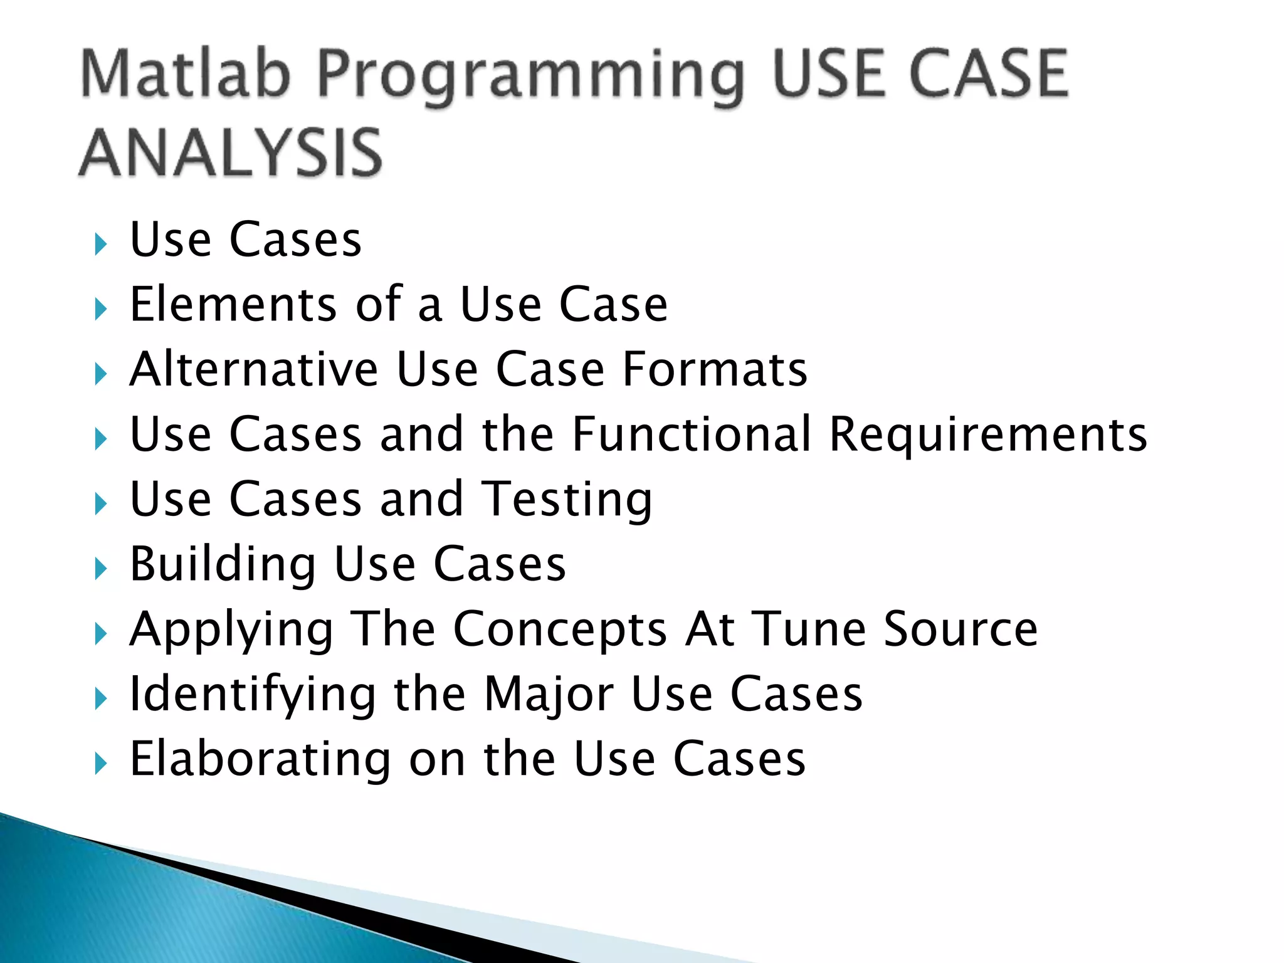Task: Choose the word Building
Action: pyautogui.click(x=223, y=565)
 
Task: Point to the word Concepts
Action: pyautogui.click(x=560, y=631)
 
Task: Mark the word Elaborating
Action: pyautogui.click(x=260, y=760)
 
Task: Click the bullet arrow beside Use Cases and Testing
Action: pyautogui.click(x=100, y=503)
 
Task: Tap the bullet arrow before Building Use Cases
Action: pyautogui.click(x=100, y=569)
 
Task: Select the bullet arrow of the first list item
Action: pyautogui.click(x=100, y=244)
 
